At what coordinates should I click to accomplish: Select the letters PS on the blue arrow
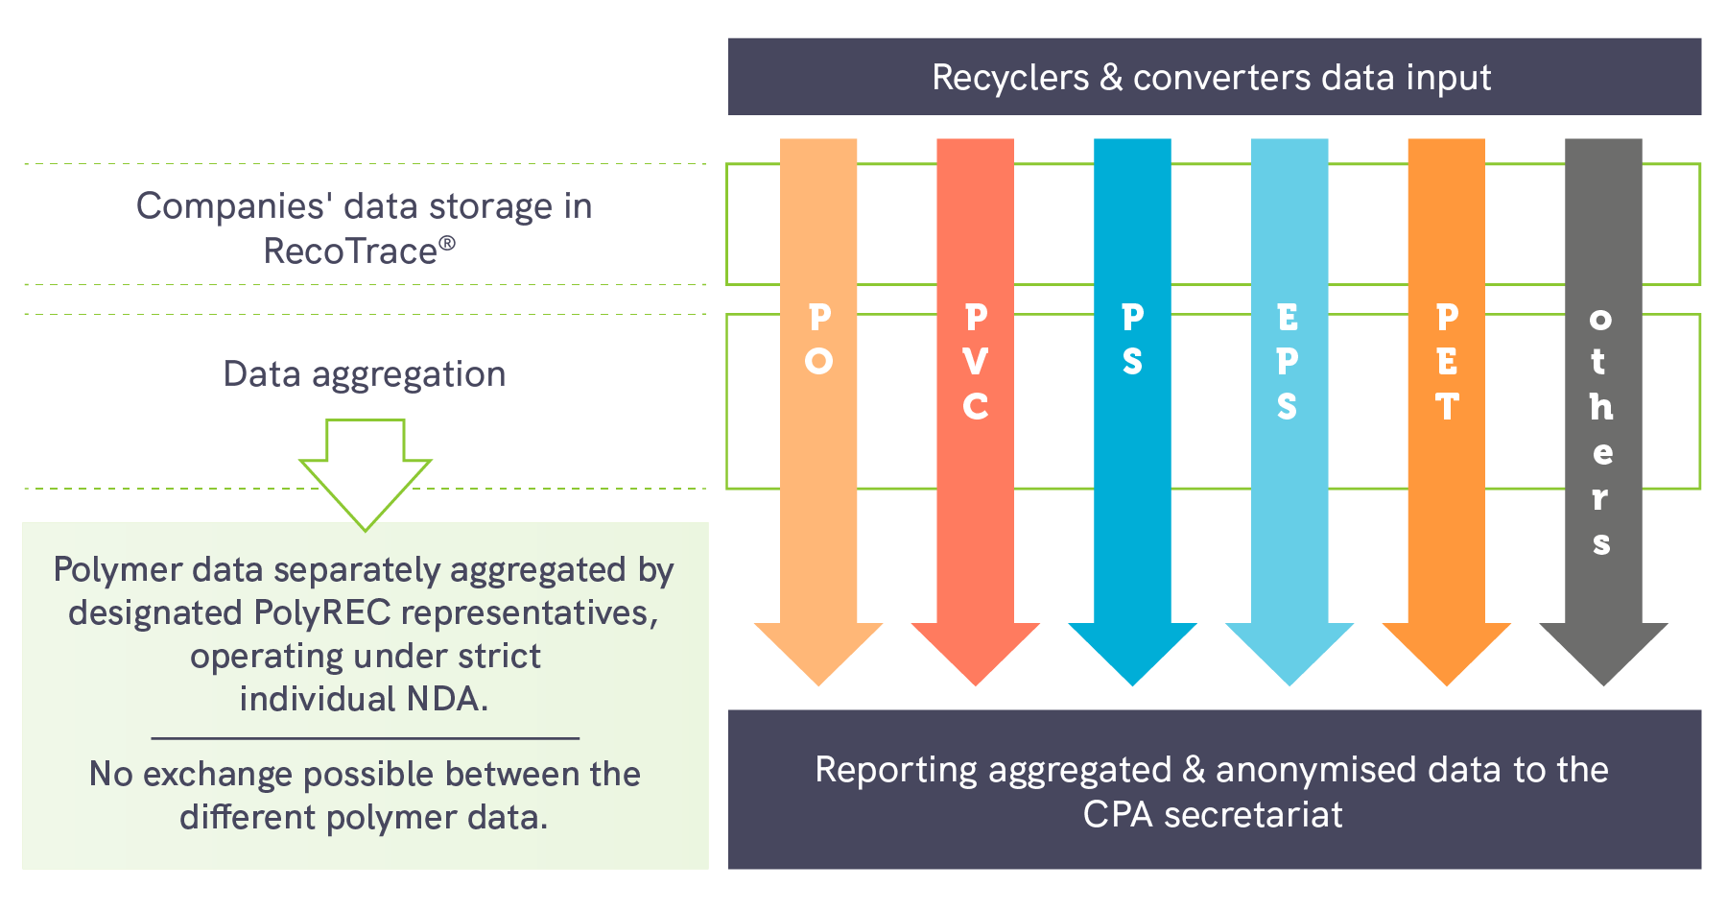pos(1132,339)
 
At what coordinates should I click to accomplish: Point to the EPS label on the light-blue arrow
pos(1288,361)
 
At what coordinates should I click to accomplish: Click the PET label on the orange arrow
pos(1447,361)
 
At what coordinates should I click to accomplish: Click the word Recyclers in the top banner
pos(1009,78)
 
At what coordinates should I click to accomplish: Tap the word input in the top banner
pos(1448,78)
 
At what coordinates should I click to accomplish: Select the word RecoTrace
pos(350,252)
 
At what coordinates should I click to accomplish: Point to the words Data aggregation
pos(365,374)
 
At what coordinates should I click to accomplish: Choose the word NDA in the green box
pos(446,699)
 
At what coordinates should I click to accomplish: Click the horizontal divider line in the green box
pos(366,738)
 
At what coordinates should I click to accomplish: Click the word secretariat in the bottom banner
pos(1253,815)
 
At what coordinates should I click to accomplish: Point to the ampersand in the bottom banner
pos(1194,770)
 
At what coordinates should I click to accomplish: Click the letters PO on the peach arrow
pos(818,339)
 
